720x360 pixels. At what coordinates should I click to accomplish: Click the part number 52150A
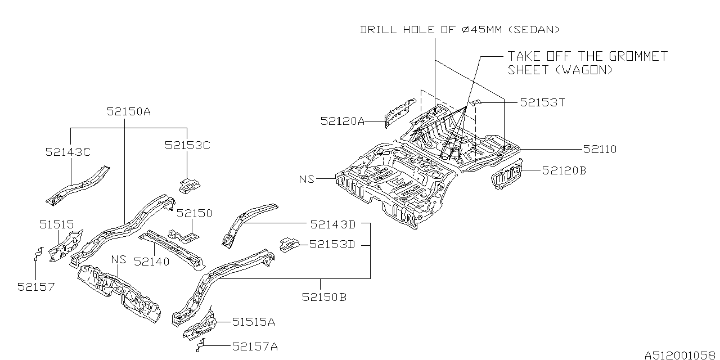128,112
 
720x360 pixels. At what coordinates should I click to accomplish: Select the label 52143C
68,151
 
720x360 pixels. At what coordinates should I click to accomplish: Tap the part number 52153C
187,145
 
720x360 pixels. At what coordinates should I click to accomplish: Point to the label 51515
56,224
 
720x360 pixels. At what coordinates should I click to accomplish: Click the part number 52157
36,286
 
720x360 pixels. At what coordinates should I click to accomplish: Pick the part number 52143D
332,224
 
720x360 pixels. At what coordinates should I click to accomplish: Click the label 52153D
332,244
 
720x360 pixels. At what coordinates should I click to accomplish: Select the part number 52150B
323,296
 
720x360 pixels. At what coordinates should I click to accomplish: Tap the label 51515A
254,322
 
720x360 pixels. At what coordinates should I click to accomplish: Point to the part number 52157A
255,346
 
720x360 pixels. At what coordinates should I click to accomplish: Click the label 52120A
343,120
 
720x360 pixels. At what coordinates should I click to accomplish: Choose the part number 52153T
542,102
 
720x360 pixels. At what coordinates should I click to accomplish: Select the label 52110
600,149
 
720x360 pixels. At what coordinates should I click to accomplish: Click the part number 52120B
564,170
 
